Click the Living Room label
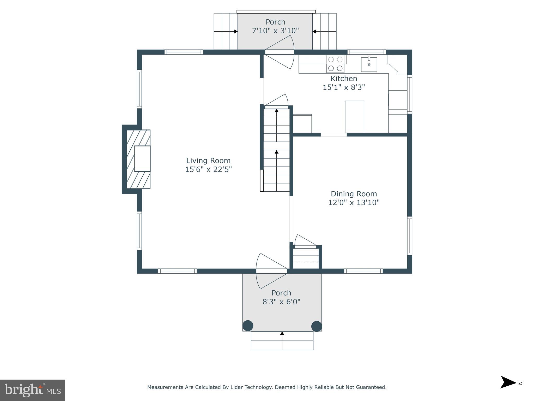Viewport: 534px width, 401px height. click(x=208, y=160)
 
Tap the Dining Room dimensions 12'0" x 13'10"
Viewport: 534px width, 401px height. click(x=354, y=203)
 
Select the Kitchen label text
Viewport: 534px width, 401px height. click(x=344, y=78)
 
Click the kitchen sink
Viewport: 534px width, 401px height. click(x=369, y=64)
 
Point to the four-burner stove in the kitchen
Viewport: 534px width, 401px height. click(x=335, y=64)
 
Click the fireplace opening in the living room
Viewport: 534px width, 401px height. click(x=142, y=158)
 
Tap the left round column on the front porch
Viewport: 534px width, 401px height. click(x=248, y=326)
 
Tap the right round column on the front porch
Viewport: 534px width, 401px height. click(x=317, y=326)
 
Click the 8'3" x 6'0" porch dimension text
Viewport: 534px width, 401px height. click(x=281, y=302)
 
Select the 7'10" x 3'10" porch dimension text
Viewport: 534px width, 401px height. click(x=275, y=31)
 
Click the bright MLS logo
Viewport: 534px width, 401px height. click(x=33, y=390)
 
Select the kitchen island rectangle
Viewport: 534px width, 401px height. click(x=354, y=117)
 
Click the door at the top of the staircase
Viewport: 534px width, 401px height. click(x=276, y=102)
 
